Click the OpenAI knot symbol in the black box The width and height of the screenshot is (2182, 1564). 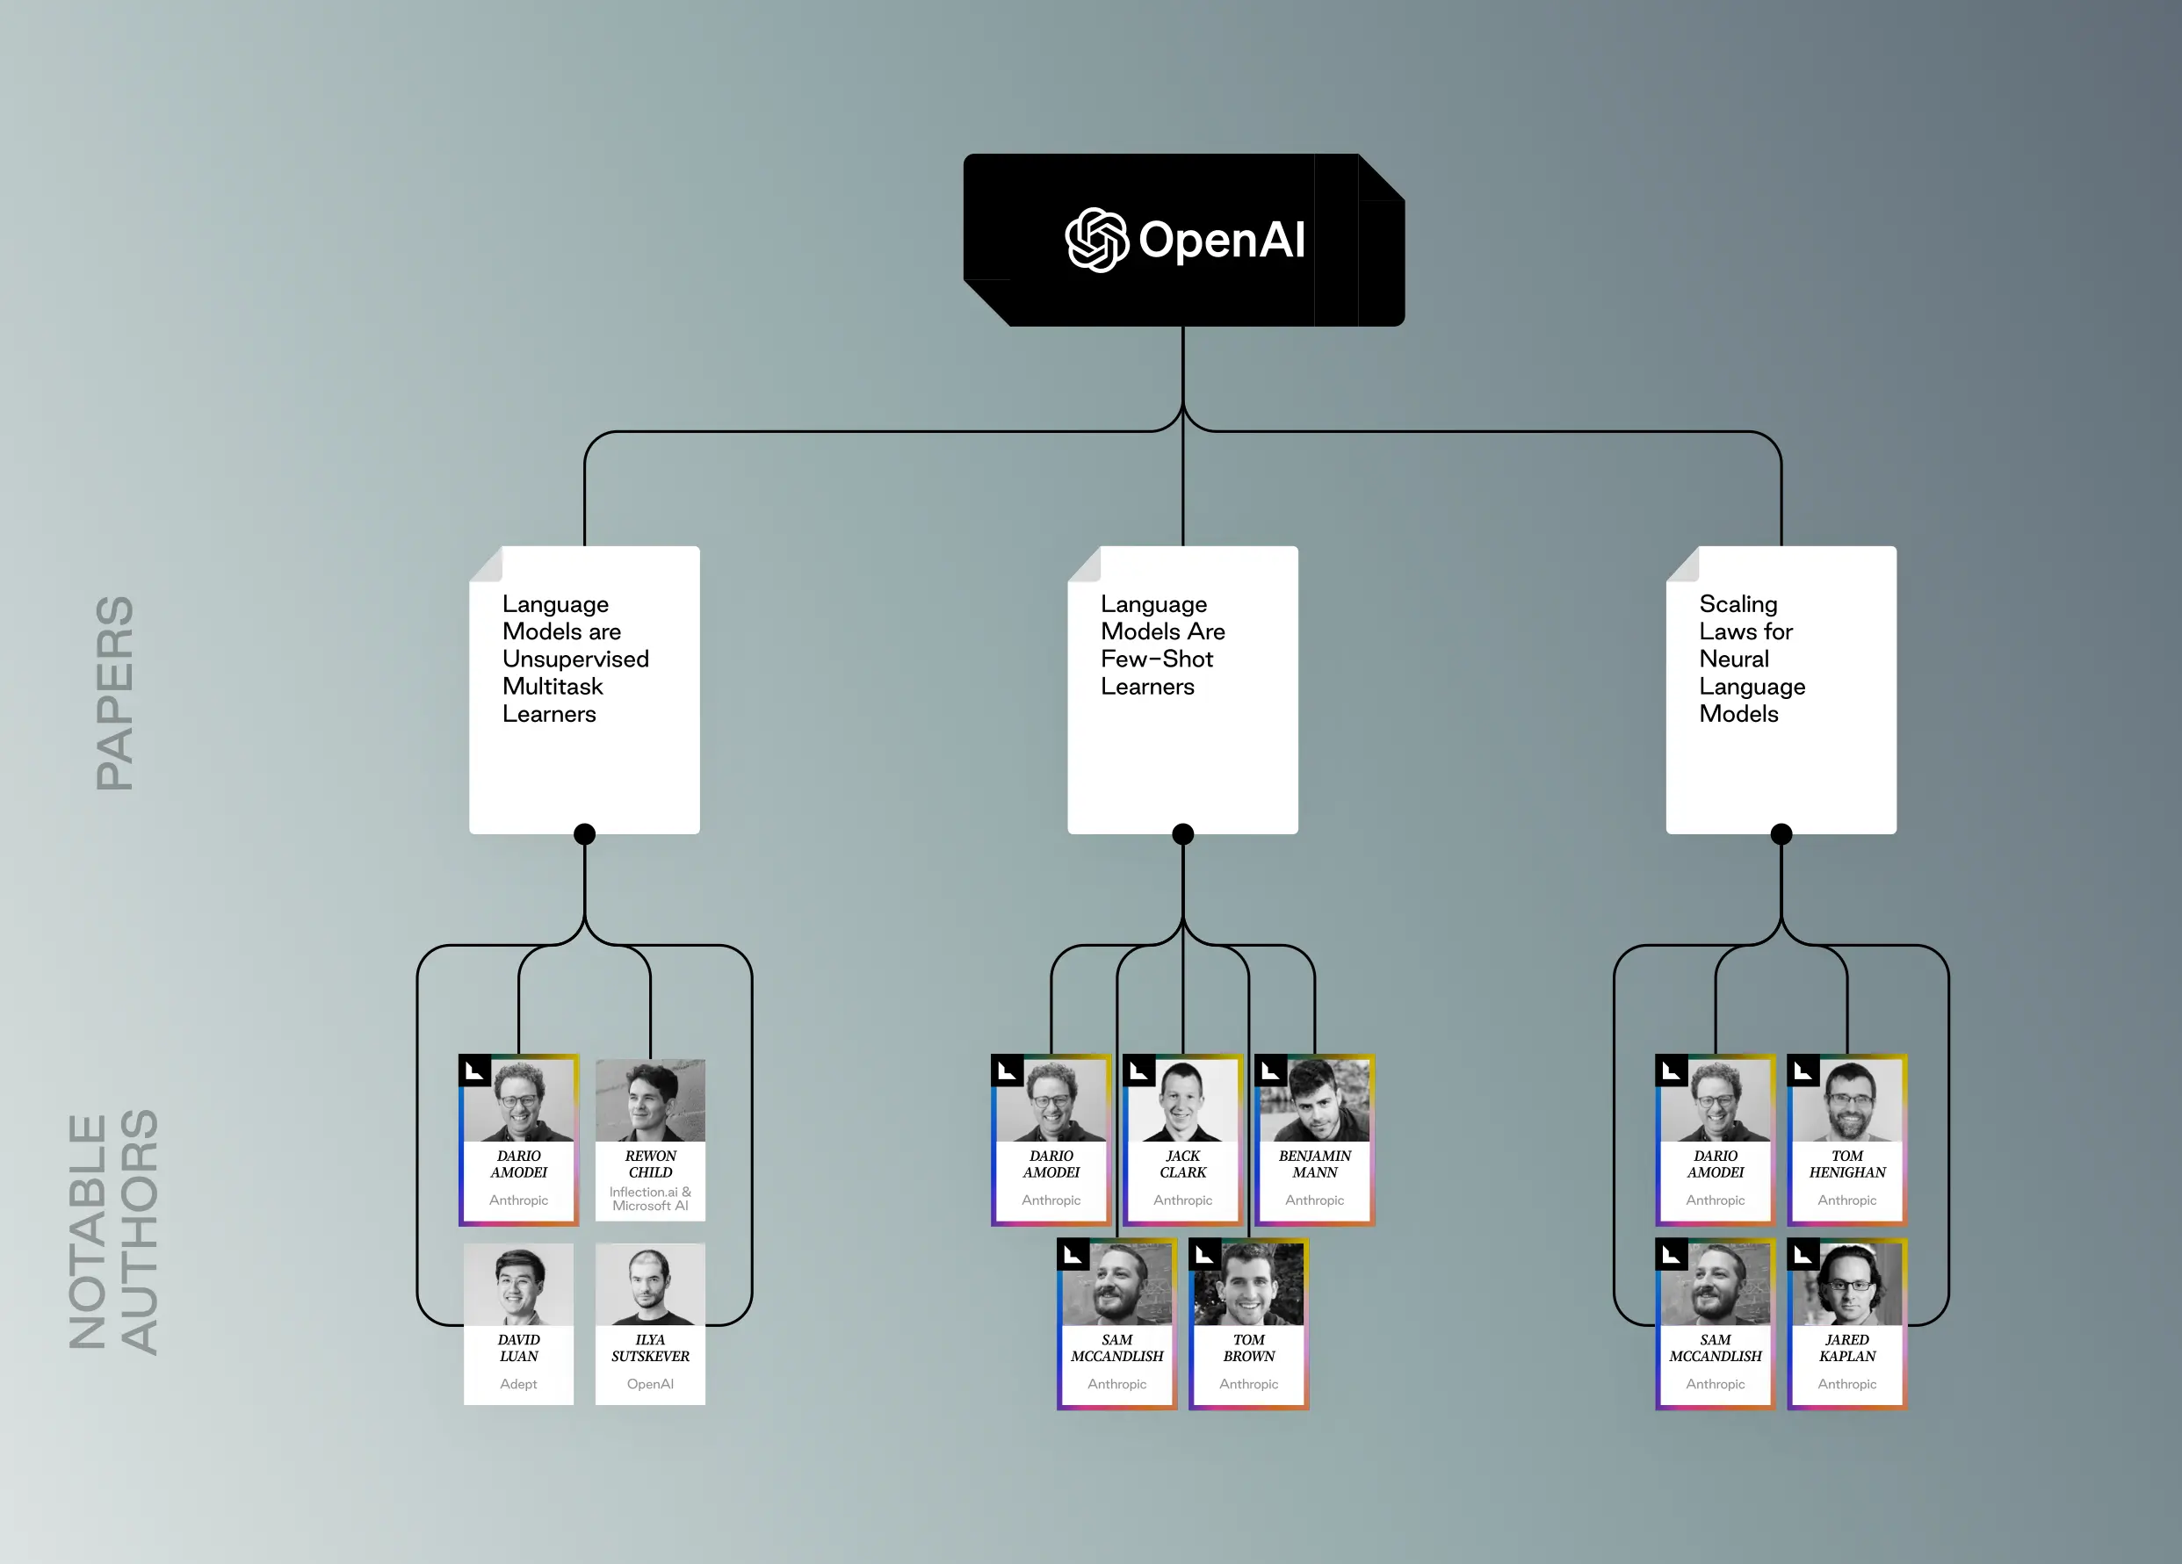click(x=1097, y=240)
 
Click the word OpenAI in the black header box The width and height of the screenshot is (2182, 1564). click(x=1222, y=240)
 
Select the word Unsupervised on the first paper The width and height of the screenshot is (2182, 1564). click(x=575, y=659)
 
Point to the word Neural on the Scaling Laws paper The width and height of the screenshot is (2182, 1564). click(x=1734, y=659)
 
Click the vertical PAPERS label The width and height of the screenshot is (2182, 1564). click(x=114, y=693)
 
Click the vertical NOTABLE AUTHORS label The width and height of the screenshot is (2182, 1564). click(x=112, y=1231)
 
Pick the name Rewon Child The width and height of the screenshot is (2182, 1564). click(x=650, y=1164)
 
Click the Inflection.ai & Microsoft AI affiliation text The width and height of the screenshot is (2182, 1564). click(x=650, y=1199)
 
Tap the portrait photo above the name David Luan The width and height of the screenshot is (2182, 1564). click(x=518, y=1284)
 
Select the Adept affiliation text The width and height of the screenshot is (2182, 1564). click(x=518, y=1384)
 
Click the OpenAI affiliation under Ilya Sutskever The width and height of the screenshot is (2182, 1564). click(x=650, y=1384)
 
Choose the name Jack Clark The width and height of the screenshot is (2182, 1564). click(x=1182, y=1164)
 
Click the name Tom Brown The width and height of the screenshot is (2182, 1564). click(x=1249, y=1348)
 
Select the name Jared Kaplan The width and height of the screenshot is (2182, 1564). click(x=1847, y=1348)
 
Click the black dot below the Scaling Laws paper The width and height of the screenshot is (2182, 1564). click(x=1781, y=834)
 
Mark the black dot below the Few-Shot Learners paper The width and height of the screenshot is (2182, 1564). click(x=1183, y=834)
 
